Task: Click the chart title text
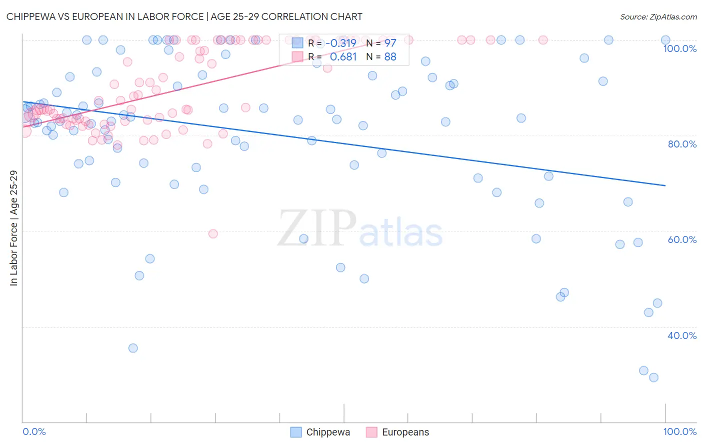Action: click(184, 16)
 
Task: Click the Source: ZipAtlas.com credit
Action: click(658, 17)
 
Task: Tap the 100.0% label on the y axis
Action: click(679, 48)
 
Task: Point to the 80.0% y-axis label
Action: click(682, 144)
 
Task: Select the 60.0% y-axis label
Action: click(682, 239)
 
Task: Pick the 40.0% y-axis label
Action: click(682, 335)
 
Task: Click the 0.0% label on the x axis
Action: click(34, 431)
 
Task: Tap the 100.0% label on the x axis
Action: click(679, 431)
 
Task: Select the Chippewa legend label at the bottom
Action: click(328, 432)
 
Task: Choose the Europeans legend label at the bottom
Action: click(405, 432)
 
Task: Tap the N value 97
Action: click(390, 43)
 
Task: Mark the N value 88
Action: click(390, 57)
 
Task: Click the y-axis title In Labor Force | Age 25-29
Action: click(14, 228)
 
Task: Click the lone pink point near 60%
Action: click(213, 233)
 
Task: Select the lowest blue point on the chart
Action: click(653, 377)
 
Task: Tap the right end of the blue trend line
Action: click(665, 185)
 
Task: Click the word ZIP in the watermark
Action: click(317, 229)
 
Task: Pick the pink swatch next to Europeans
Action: click(371, 432)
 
